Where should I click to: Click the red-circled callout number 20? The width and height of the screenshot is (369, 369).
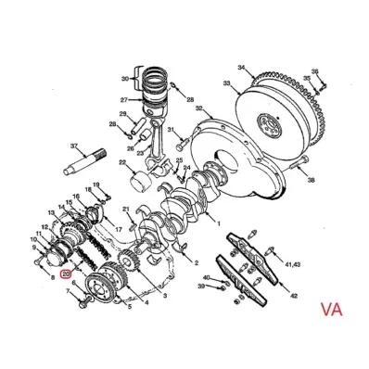pos(66,274)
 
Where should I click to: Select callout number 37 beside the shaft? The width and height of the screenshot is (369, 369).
pos(75,146)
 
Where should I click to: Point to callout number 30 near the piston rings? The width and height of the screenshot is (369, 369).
pos(123,79)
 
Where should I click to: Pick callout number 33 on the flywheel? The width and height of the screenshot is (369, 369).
pos(224,83)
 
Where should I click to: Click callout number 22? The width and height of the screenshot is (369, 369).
pos(121,163)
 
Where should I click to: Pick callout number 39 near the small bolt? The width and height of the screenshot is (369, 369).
pos(199,287)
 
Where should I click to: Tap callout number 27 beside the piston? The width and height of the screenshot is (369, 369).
pos(122,99)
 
